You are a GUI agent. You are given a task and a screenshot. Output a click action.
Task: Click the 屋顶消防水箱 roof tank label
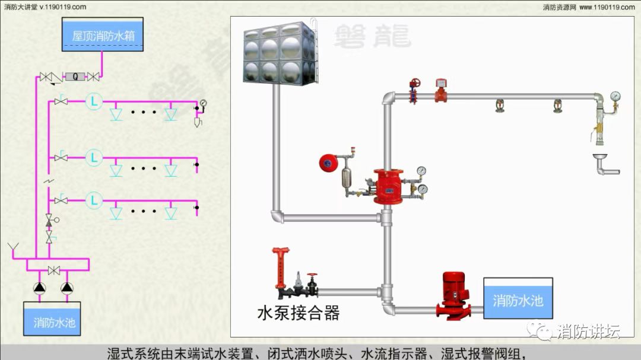click(103, 36)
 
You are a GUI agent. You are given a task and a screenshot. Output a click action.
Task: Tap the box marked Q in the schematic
click(75, 77)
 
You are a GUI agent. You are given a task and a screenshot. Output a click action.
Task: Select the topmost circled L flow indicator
click(93, 101)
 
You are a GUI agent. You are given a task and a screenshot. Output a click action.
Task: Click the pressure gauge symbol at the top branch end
click(204, 103)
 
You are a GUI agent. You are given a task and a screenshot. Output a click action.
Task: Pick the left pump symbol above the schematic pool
click(39, 288)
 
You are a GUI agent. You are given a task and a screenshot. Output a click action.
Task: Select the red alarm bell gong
click(328, 163)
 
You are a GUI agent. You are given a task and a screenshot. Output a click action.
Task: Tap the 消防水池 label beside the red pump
click(518, 301)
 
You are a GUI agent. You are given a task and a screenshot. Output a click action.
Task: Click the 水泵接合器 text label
click(298, 313)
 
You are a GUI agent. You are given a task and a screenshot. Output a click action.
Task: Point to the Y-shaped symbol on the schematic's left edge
click(12, 246)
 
